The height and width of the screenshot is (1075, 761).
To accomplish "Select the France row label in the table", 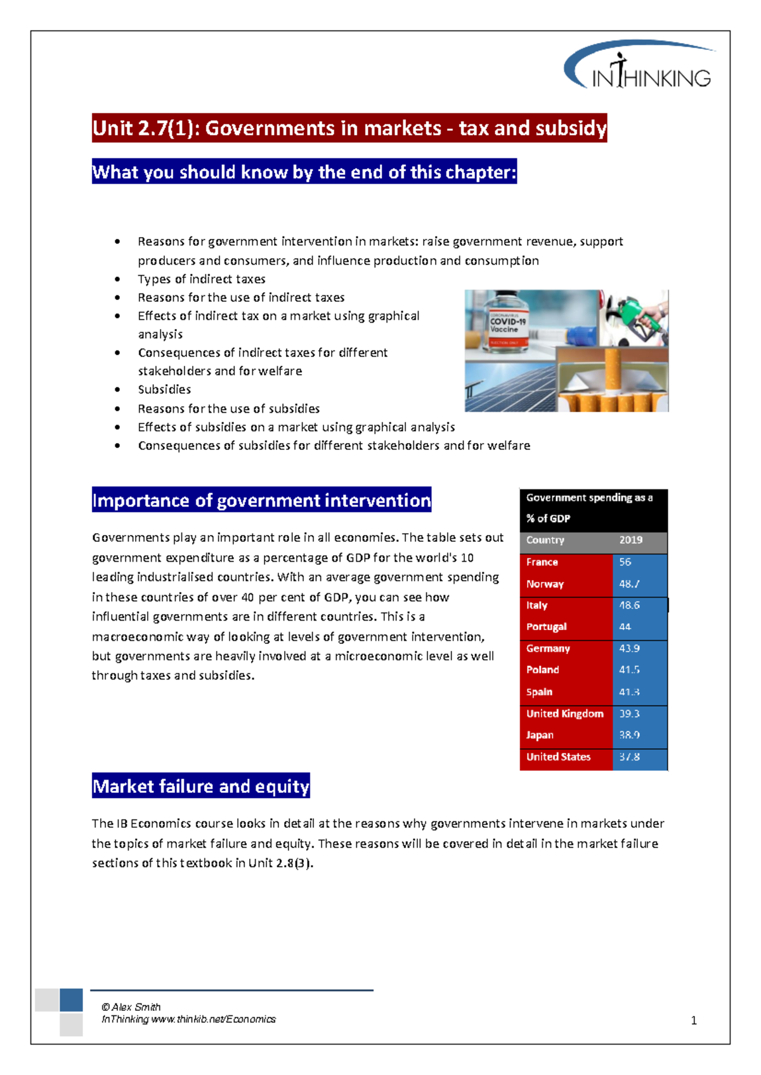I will click(542, 562).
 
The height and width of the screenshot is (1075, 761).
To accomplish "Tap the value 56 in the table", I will click(625, 562).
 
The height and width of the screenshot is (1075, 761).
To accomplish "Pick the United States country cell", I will click(558, 757).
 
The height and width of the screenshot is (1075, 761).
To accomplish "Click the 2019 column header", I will click(630, 540).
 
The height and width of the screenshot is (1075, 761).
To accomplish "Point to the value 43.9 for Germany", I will click(629, 648).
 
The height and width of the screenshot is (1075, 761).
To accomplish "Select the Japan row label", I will click(540, 735).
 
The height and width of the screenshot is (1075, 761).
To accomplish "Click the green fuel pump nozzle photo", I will click(637, 317).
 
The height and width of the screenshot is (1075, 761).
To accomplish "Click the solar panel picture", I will click(507, 387).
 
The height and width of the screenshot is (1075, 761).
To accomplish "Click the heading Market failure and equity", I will click(201, 786).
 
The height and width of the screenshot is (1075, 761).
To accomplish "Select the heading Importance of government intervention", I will click(261, 500).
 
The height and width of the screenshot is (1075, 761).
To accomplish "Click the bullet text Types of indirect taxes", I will click(202, 279).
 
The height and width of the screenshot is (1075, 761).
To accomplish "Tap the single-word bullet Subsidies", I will click(164, 390).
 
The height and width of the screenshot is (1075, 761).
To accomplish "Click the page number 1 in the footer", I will click(693, 1020).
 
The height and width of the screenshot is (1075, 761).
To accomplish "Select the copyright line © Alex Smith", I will click(131, 1007).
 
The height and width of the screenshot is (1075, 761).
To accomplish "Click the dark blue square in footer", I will click(71, 1000).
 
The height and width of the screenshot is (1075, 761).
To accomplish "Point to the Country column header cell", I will click(545, 540).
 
